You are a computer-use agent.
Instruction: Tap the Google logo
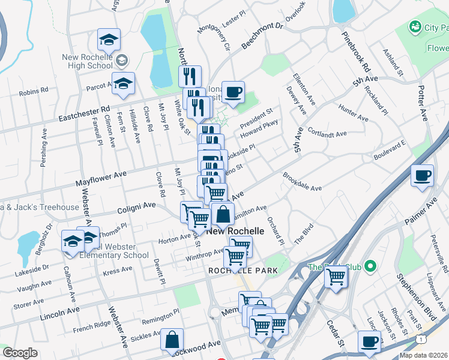(20, 353)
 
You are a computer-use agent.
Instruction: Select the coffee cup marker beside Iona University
(233, 92)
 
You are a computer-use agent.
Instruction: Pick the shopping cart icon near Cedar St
(336, 277)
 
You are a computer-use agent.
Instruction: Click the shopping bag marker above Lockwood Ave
(172, 339)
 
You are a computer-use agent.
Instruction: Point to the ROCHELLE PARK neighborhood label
(243, 271)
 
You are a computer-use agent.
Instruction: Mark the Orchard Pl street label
(277, 230)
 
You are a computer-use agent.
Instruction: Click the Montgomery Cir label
(214, 37)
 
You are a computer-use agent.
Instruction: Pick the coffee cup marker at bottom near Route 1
(369, 341)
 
